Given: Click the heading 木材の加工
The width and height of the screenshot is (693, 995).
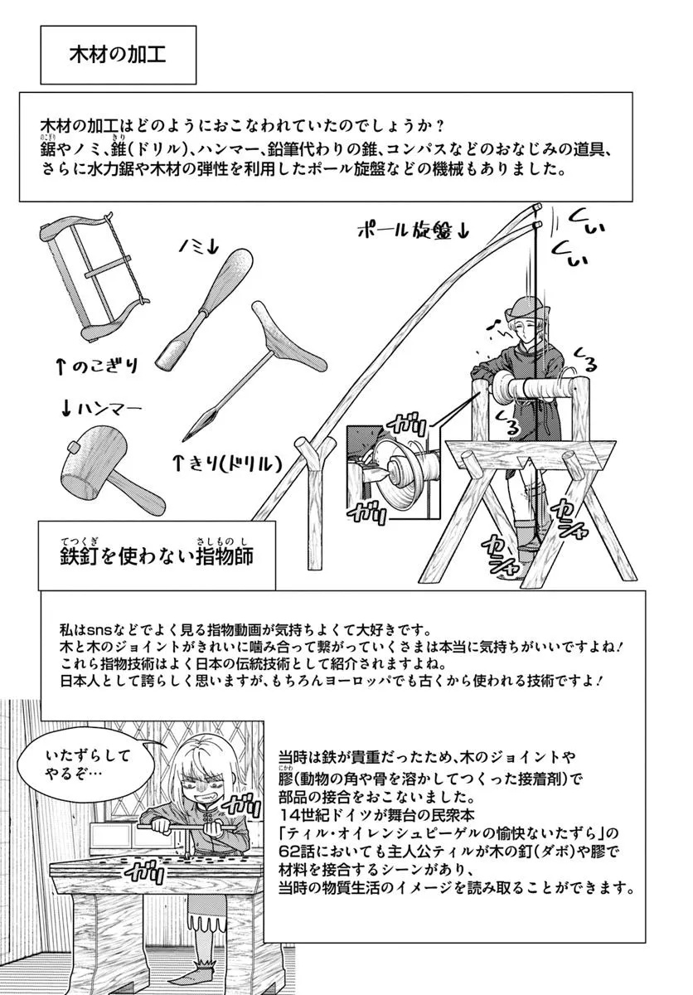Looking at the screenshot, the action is click(x=118, y=55).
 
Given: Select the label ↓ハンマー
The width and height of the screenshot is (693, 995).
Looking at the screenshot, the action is click(x=101, y=409).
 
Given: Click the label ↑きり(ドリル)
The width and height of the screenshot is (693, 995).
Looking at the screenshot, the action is click(x=228, y=464).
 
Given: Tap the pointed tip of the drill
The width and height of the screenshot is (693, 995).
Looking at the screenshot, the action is click(x=185, y=438).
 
